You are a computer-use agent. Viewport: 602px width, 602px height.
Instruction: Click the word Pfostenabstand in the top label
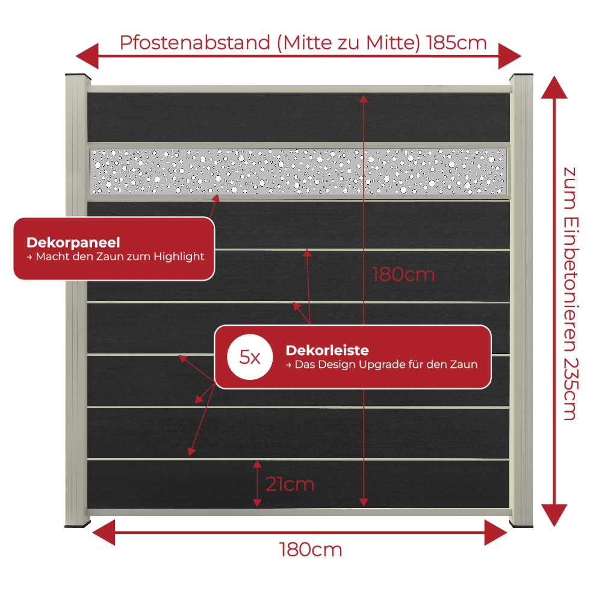(x=195, y=43)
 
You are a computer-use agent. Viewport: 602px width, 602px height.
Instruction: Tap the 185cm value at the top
(x=456, y=43)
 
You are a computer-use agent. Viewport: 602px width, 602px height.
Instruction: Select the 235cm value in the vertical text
(x=571, y=389)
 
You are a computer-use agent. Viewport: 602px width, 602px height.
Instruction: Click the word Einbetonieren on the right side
(x=571, y=285)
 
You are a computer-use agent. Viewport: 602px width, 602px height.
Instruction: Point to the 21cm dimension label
(x=290, y=484)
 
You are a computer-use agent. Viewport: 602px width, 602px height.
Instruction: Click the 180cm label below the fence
(x=311, y=550)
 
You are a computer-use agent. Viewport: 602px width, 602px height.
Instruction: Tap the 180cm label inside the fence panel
(x=403, y=275)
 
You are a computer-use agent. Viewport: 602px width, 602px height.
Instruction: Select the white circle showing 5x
(x=250, y=357)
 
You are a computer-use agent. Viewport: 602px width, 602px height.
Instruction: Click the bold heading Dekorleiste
(x=327, y=350)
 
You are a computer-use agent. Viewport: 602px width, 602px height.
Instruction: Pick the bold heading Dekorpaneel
(x=73, y=243)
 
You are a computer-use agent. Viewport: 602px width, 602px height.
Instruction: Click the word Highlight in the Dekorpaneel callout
(x=179, y=256)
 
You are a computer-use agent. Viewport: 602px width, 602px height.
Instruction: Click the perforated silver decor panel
(x=299, y=172)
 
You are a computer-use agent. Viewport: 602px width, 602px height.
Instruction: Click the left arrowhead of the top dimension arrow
(x=87, y=56)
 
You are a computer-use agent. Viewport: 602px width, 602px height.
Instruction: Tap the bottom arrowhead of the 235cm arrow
(x=554, y=515)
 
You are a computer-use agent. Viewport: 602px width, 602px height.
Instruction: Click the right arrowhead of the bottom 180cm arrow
(x=495, y=533)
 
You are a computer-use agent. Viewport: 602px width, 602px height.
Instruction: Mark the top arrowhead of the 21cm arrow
(x=257, y=464)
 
